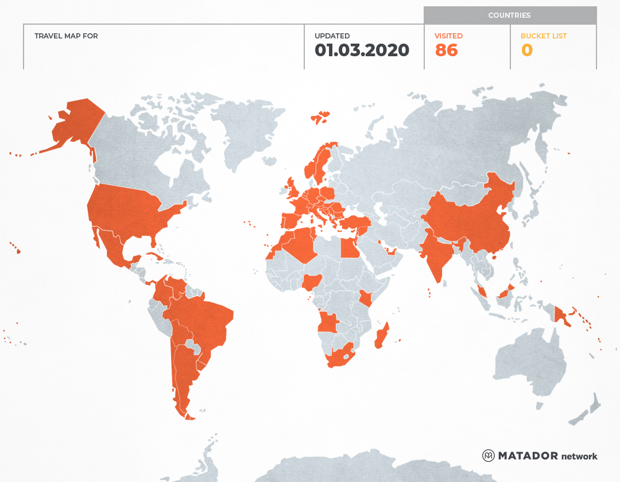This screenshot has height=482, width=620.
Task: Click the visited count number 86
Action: (x=446, y=50)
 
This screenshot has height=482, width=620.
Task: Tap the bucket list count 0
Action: (x=526, y=50)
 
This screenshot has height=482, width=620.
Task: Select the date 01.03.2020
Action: (x=362, y=50)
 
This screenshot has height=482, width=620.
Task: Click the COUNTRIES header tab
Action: (x=509, y=15)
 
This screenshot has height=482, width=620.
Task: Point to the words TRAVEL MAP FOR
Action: (x=66, y=36)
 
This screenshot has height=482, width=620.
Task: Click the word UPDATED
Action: (x=332, y=36)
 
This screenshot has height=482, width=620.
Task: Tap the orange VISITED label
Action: (x=448, y=36)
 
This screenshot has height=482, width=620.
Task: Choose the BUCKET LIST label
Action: (x=543, y=36)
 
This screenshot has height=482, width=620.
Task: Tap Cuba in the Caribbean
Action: (x=153, y=256)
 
